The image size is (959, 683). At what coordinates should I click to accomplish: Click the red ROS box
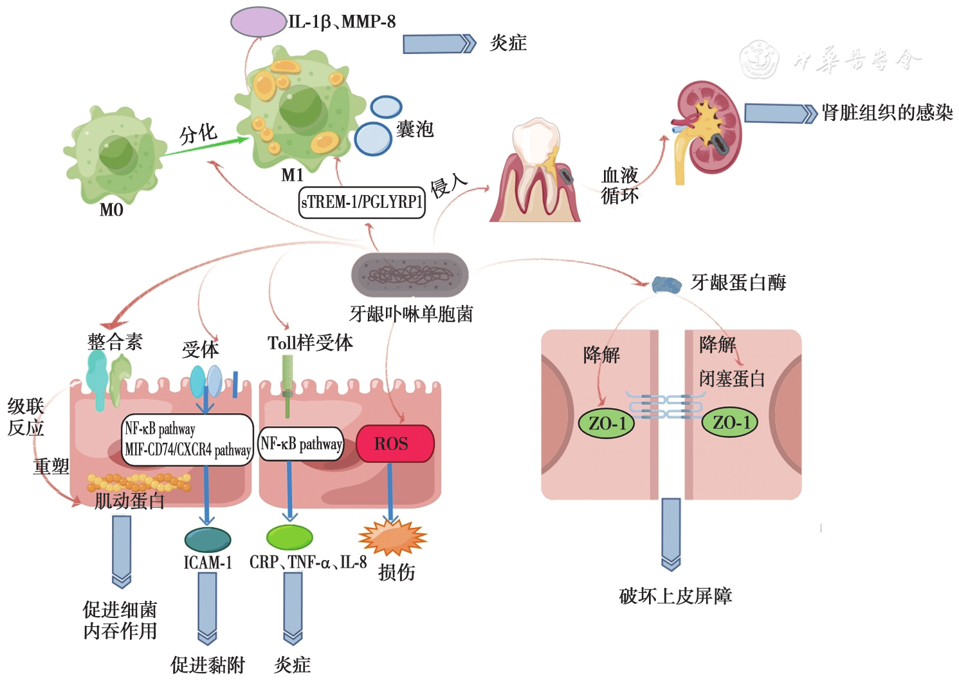(x=395, y=444)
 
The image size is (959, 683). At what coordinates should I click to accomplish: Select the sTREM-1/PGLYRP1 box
(x=362, y=202)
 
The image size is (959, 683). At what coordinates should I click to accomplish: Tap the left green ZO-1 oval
(x=607, y=423)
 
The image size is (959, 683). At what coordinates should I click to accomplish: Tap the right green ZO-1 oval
(x=729, y=422)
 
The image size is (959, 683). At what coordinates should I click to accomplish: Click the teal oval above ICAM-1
(x=207, y=539)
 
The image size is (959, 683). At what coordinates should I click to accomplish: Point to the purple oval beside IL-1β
(x=258, y=22)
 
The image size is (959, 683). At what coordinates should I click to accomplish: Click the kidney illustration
(x=708, y=129)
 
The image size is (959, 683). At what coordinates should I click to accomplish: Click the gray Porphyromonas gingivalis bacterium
(x=410, y=276)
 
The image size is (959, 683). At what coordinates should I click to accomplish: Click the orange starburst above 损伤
(x=392, y=537)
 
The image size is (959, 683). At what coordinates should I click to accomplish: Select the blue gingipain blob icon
(x=666, y=285)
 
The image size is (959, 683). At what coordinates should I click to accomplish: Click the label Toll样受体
(x=310, y=343)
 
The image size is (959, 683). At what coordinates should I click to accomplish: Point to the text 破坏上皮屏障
(x=675, y=596)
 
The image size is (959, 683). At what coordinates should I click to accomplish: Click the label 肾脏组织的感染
(x=887, y=113)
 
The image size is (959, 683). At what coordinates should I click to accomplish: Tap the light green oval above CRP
(x=289, y=537)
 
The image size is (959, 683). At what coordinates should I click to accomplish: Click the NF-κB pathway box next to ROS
(x=301, y=444)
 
